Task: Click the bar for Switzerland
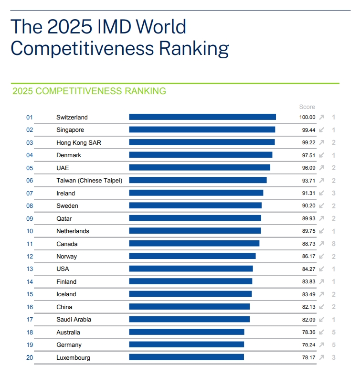(202, 117)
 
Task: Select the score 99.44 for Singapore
(306, 130)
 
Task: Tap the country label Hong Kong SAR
(79, 142)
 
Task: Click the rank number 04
(30, 155)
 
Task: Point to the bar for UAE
(200, 168)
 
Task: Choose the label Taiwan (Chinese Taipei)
(89, 181)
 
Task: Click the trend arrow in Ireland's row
(322, 193)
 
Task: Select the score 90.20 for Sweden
(306, 206)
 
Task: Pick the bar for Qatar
(195, 218)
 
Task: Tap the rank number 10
(30, 231)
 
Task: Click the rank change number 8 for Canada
(334, 244)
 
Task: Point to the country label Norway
(66, 257)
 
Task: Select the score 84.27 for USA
(306, 269)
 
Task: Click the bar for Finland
(191, 281)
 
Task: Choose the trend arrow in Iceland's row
(322, 294)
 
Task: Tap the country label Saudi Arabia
(74, 320)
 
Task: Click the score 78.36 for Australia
(306, 332)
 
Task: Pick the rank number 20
(30, 357)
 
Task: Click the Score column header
(307, 107)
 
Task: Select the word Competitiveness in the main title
(82, 49)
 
